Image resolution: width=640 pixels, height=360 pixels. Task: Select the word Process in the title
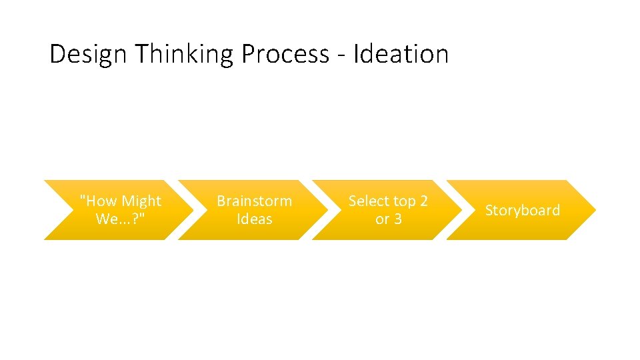(285, 54)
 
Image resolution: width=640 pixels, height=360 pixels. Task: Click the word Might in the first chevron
(141, 201)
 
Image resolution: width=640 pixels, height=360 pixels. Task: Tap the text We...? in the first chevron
(121, 219)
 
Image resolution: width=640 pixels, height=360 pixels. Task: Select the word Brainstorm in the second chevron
(254, 201)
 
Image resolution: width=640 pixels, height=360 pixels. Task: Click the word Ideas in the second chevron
(254, 219)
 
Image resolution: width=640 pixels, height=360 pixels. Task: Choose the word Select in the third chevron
(369, 201)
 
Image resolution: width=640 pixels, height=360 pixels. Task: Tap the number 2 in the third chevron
(423, 201)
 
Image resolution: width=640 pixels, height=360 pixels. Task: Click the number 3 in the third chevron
(397, 219)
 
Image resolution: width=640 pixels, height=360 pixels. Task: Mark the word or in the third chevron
(382, 219)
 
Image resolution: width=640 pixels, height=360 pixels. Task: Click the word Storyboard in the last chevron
(522, 210)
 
